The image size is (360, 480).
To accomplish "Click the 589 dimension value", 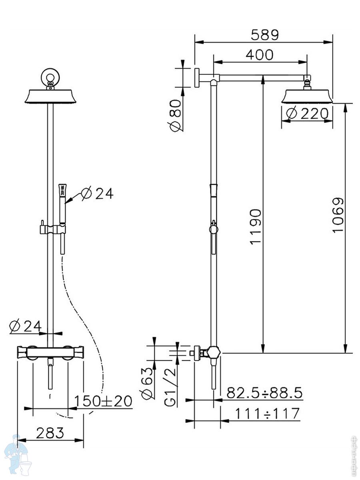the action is pos(265,35).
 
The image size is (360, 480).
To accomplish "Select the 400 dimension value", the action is pos(260,55).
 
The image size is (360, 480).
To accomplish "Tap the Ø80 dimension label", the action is pos(176,116).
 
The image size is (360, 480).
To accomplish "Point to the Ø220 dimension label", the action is pos(307,114).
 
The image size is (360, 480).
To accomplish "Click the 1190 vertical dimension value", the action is pos(255,227).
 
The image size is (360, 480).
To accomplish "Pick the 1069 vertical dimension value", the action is pos(338,215).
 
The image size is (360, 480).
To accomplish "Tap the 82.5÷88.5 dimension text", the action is pos(264,392).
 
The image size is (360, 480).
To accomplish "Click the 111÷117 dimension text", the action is pos(267,413).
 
